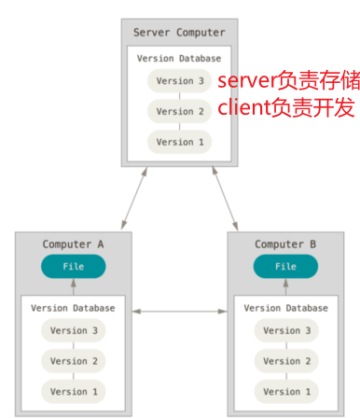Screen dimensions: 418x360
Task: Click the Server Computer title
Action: pyautogui.click(x=179, y=33)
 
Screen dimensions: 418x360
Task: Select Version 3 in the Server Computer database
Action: pyautogui.click(x=179, y=80)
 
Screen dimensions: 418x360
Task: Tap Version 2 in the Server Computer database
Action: pyautogui.click(x=179, y=111)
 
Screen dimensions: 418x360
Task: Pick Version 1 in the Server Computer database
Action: pyautogui.click(x=179, y=142)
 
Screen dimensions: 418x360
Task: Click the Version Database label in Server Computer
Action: pyautogui.click(x=179, y=58)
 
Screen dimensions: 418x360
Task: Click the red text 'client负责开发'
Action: pyautogui.click(x=272, y=108)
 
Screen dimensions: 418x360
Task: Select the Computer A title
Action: pyautogui.click(x=74, y=244)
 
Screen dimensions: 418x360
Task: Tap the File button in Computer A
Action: pyautogui.click(x=74, y=267)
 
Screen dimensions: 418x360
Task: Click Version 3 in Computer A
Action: pyautogui.click(x=74, y=330)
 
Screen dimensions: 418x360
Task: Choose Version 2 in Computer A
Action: pyautogui.click(x=74, y=361)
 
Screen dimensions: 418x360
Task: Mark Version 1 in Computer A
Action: pyautogui.click(x=74, y=391)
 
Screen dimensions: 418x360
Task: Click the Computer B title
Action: pyautogui.click(x=286, y=244)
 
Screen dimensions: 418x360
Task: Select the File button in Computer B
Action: pyautogui.click(x=286, y=267)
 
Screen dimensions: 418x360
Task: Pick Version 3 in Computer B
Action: pyautogui.click(x=286, y=330)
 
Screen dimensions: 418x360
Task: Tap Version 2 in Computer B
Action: pyautogui.click(x=286, y=361)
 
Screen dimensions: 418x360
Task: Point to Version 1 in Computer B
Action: pyautogui.click(x=286, y=391)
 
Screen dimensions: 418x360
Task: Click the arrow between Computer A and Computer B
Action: pyautogui.click(x=180, y=311)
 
